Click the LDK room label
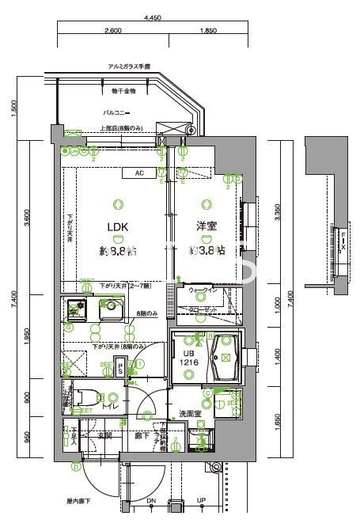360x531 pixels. pyautogui.click(x=118, y=226)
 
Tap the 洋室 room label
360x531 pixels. pyautogui.click(x=207, y=226)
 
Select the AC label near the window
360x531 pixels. pyautogui.click(x=138, y=173)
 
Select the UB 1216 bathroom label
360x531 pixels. pyautogui.click(x=189, y=357)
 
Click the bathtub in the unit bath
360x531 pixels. pyautogui.click(x=225, y=358)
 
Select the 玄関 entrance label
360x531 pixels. pyautogui.click(x=104, y=435)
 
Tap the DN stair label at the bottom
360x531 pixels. pyautogui.click(x=152, y=501)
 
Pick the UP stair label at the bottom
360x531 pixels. pyautogui.click(x=201, y=501)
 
